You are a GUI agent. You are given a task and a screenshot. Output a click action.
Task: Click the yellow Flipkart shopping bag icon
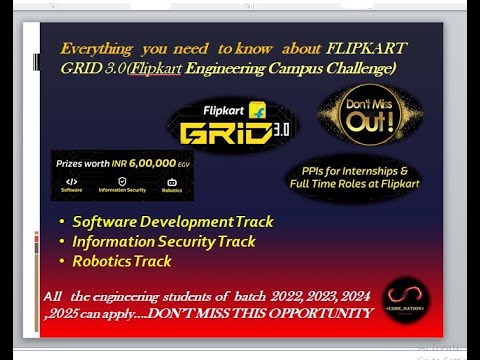tap(257, 107)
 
